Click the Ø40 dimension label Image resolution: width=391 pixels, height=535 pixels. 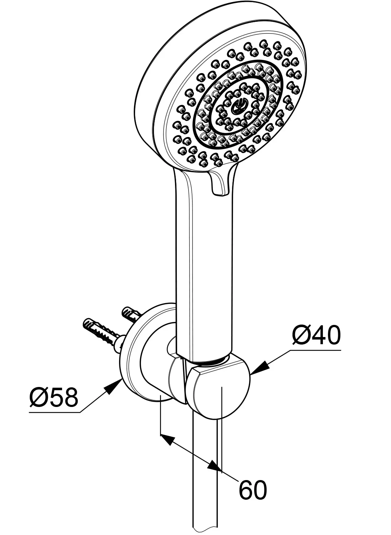[317, 335]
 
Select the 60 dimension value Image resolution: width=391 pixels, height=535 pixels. [253, 489]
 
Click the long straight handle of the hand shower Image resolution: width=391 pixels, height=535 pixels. [204, 265]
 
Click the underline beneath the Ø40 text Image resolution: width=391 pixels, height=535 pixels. [315, 350]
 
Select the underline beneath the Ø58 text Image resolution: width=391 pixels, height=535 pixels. [55, 412]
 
